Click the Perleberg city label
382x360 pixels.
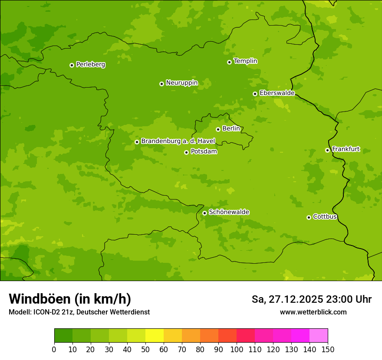[91, 65]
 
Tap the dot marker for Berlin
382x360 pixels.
[218, 129]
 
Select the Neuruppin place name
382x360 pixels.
[181, 83]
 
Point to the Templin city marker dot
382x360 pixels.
[229, 62]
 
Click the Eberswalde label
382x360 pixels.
[277, 93]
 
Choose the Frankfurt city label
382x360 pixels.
[346, 149]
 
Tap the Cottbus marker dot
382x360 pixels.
[309, 217]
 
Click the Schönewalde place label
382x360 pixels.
[229, 212]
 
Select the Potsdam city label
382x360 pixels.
[204, 152]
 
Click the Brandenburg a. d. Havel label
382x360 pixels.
[178, 141]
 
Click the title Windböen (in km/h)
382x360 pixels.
[70, 299]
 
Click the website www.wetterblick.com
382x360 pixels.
[313, 312]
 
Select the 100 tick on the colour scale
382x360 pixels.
[237, 349]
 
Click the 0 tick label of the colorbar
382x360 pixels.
[54, 349]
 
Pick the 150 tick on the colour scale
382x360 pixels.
[328, 349]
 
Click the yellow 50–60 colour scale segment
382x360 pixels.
[155, 336]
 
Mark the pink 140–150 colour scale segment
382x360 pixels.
[319, 336]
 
